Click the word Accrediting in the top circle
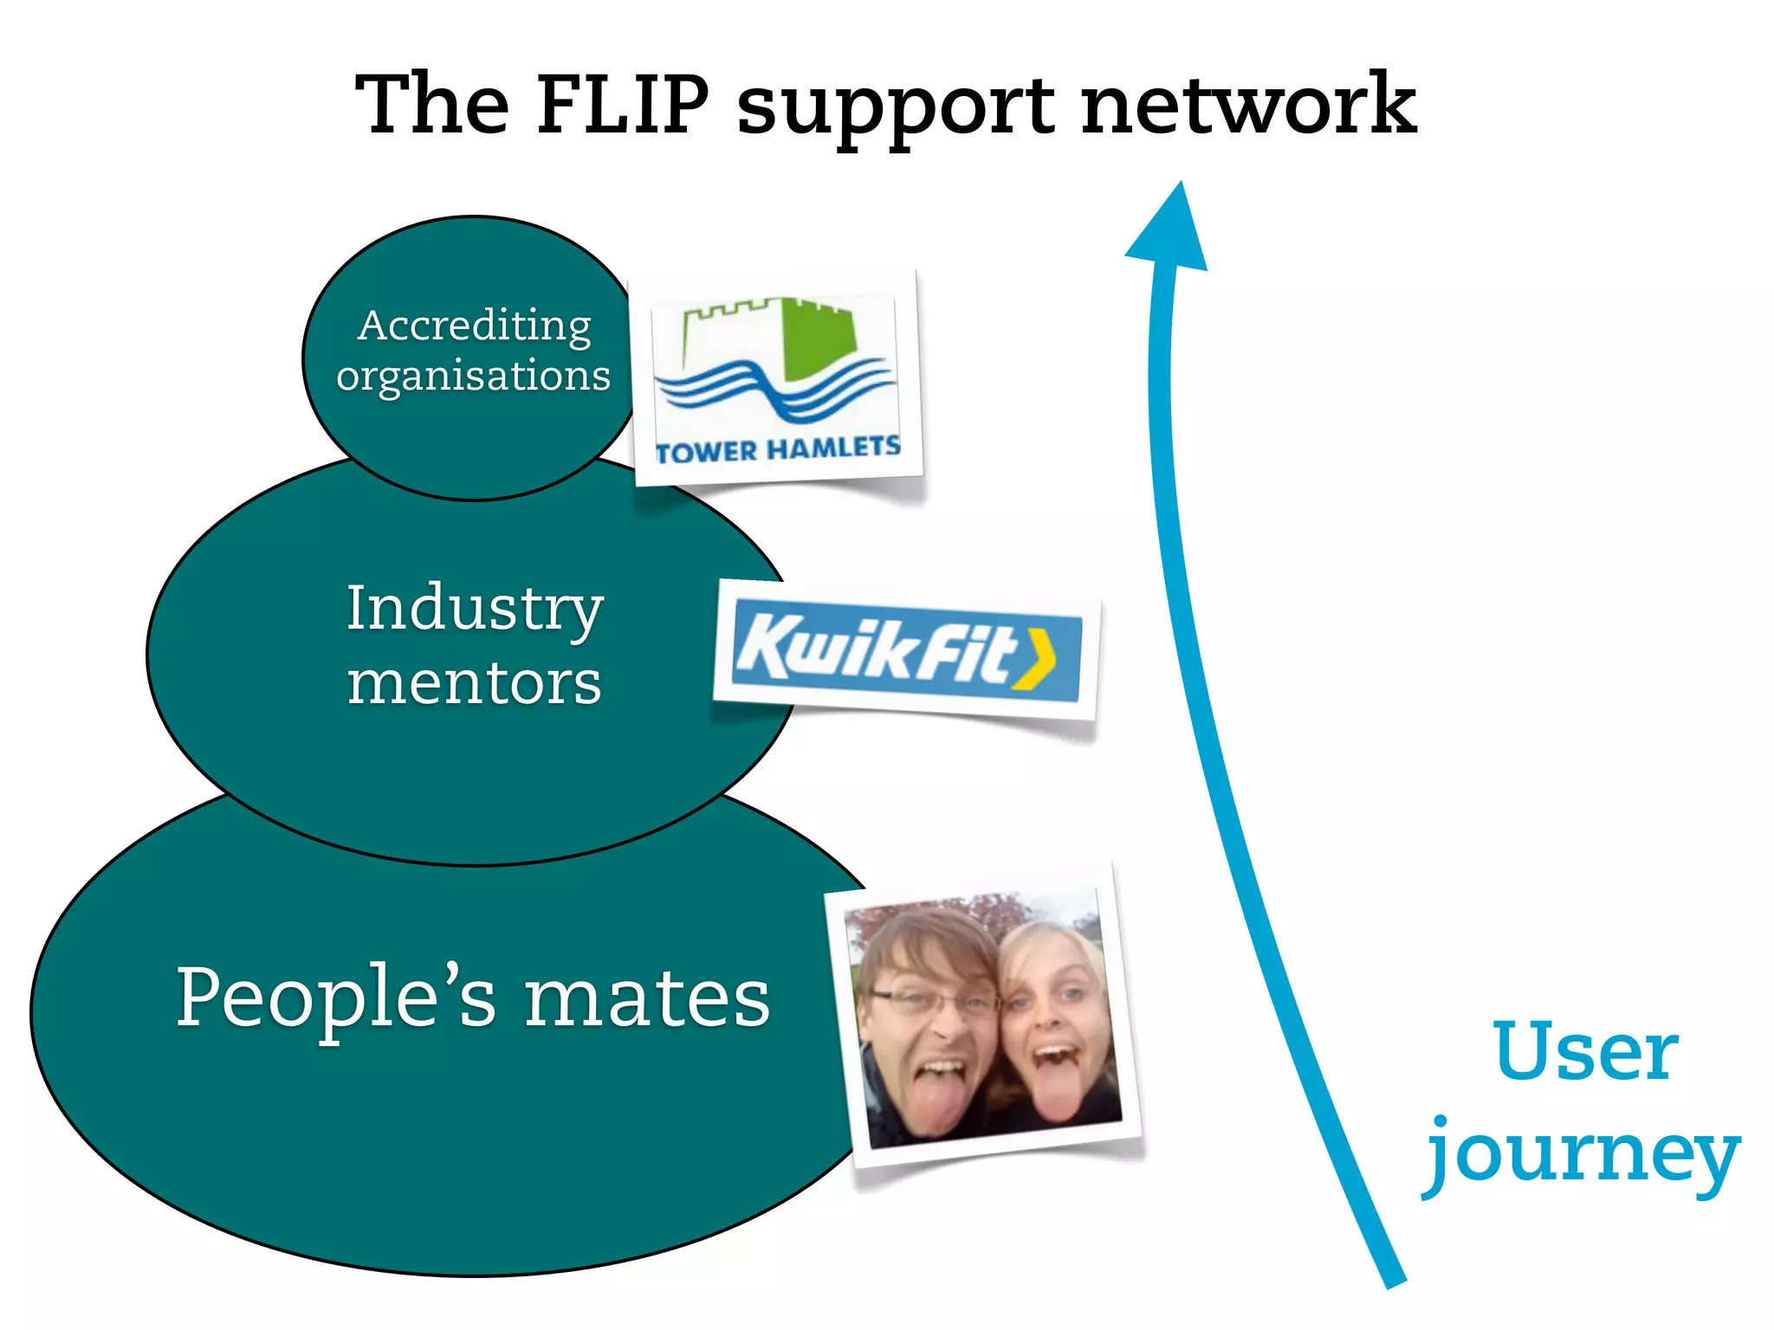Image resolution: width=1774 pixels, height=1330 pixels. point(475,326)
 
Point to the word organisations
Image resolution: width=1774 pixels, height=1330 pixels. point(474,376)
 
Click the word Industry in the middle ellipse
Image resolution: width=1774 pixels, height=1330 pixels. point(475,609)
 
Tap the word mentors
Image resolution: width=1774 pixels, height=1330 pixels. point(475,683)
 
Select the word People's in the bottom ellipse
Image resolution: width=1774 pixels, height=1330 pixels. point(336,997)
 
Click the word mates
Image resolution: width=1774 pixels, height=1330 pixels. point(647,999)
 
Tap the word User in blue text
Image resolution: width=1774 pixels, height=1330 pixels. point(1585,1052)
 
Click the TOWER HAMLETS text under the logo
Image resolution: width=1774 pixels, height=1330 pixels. point(778,449)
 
